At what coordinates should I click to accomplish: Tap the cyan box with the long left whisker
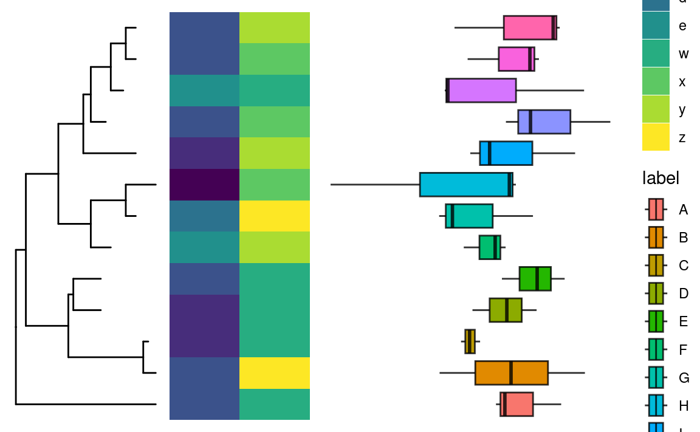click(465, 184)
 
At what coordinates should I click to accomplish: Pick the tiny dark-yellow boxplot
click(470, 341)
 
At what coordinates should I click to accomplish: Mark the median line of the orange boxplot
click(511, 372)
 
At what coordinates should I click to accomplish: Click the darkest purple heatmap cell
click(204, 185)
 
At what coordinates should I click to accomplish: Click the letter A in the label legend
click(683, 210)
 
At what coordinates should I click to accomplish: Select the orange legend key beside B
click(656, 238)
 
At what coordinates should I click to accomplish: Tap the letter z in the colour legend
click(682, 138)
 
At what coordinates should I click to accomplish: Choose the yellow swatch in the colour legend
click(656, 137)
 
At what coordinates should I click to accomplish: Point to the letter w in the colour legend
click(684, 54)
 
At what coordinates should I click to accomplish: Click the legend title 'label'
click(661, 178)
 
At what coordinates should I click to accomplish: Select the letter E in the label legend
click(683, 321)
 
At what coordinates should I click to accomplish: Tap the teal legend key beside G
click(656, 377)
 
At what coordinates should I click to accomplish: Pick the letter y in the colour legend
click(682, 110)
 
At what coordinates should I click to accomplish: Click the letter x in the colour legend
click(682, 82)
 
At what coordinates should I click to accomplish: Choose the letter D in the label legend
click(684, 293)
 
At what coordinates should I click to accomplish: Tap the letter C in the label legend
click(684, 266)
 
